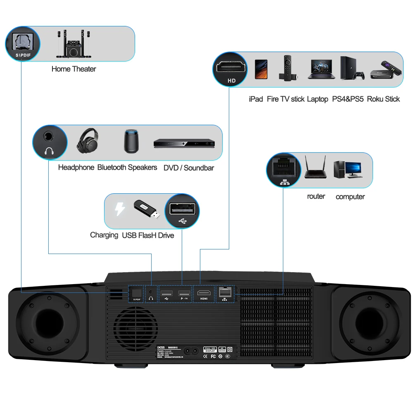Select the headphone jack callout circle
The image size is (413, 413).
click(50, 142)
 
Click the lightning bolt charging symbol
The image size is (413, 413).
click(120, 209)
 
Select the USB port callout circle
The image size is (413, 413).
click(182, 211)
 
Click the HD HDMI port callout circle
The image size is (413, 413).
click(231, 69)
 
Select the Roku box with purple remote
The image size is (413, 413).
click(385, 69)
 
